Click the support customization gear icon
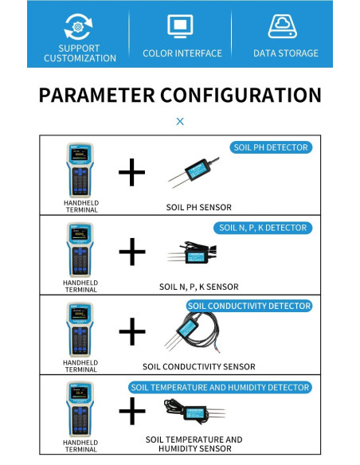[78, 27]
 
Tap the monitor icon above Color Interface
[180, 26]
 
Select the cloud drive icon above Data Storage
[282, 26]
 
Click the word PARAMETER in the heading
[96, 96]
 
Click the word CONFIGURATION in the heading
[241, 96]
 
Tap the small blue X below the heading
[180, 121]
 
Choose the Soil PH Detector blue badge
[271, 147]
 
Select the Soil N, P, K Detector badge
[263, 228]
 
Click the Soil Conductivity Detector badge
[249, 306]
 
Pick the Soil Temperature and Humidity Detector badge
[220, 387]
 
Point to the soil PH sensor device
[194, 172]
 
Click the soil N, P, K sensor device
[192, 253]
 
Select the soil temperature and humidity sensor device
[194, 411]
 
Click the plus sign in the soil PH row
[131, 172]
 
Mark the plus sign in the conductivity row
[132, 331]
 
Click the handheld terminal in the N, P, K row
[80, 249]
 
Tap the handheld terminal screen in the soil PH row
[80, 154]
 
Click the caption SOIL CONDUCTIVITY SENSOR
[199, 366]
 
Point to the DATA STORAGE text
[286, 53]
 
